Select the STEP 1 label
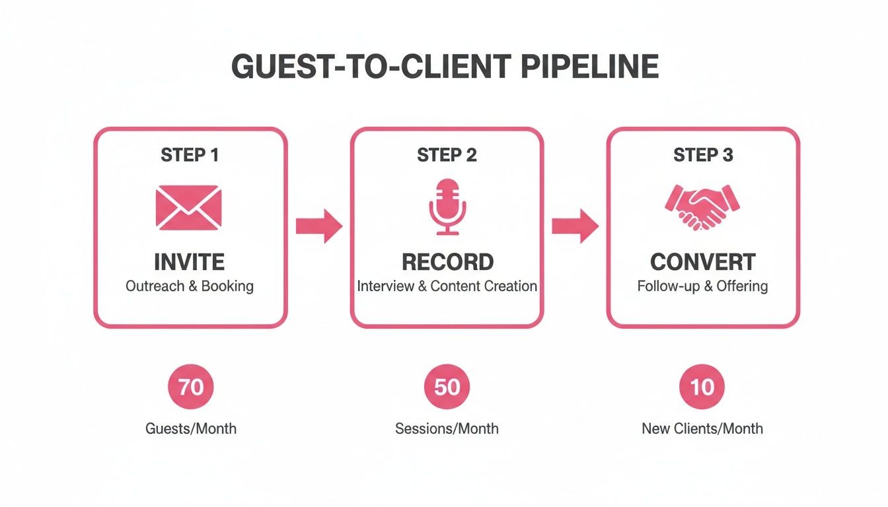(x=190, y=155)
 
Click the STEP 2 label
(x=447, y=155)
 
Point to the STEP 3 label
(x=703, y=155)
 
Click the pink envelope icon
(x=189, y=208)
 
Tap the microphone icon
(x=447, y=206)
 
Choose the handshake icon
(x=702, y=207)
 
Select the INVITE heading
(x=190, y=262)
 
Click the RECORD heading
(x=447, y=262)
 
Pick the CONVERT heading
(x=703, y=262)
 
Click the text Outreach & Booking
(x=190, y=287)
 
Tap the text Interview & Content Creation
(x=447, y=287)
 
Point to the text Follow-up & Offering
(x=703, y=287)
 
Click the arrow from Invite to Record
(x=318, y=226)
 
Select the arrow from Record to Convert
(x=575, y=226)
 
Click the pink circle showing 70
(x=190, y=387)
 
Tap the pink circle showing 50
(x=447, y=387)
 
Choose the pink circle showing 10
(x=702, y=387)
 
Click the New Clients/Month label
(x=702, y=428)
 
